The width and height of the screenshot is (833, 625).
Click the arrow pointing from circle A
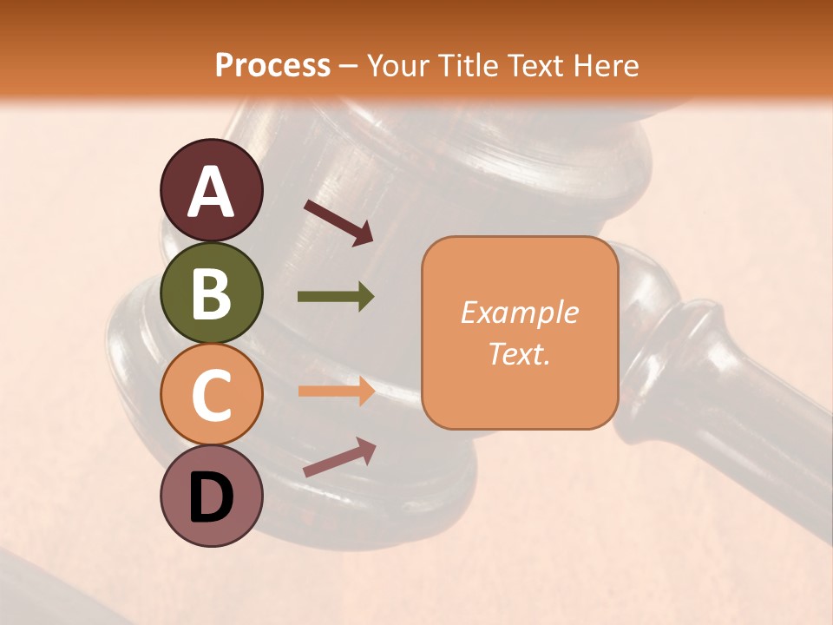[x=338, y=222]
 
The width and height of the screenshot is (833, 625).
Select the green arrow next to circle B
[x=336, y=297]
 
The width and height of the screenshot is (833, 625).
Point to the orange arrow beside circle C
[x=336, y=391]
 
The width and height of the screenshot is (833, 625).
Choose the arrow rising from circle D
[x=339, y=457]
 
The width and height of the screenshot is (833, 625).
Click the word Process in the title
[x=272, y=65]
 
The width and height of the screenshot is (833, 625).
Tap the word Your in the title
[x=400, y=65]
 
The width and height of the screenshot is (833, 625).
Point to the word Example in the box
[x=519, y=312]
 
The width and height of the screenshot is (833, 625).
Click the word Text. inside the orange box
[x=519, y=354]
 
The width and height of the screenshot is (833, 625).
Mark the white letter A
[x=211, y=192]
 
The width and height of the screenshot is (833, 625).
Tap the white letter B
[x=211, y=293]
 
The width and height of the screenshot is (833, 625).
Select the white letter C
[x=211, y=395]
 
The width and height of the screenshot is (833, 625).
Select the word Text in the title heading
[x=536, y=65]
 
